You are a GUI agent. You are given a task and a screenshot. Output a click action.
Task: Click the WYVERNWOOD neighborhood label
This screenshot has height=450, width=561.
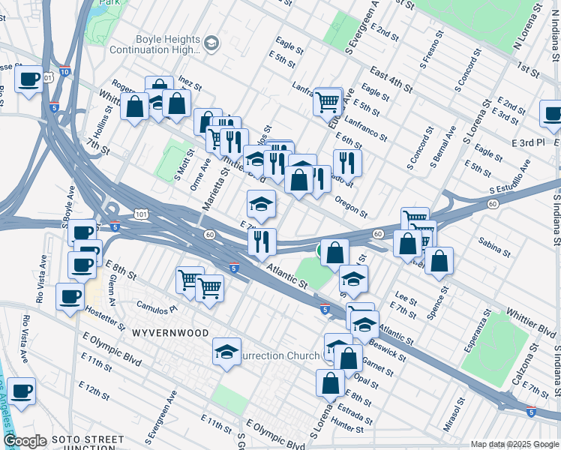tap(168, 331)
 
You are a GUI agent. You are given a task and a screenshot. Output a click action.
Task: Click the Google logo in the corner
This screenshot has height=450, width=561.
tap(25, 441)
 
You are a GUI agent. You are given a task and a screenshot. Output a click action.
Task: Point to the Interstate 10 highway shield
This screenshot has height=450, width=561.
tap(64, 72)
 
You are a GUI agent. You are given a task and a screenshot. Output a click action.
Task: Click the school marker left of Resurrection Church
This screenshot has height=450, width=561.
tap(226, 352)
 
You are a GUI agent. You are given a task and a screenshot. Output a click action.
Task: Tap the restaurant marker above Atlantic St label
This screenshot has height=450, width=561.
tap(262, 242)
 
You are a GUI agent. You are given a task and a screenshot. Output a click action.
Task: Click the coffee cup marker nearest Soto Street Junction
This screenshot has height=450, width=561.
tap(21, 391)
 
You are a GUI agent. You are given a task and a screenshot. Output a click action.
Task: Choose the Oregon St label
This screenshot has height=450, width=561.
tap(350, 202)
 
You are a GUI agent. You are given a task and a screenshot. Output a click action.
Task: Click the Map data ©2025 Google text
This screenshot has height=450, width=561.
tap(514, 444)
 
